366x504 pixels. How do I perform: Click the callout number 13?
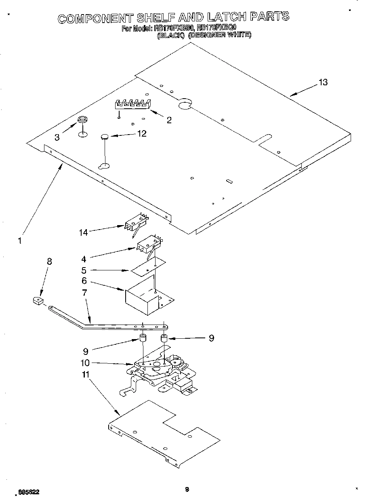[322, 82]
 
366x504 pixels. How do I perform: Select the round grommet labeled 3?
[82, 120]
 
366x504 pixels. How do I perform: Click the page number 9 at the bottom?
[187, 489]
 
